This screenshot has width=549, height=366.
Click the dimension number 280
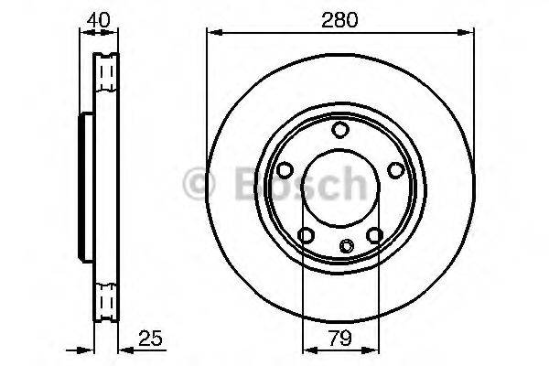(x=339, y=16)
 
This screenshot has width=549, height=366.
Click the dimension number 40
(x=98, y=16)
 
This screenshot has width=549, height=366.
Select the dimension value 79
(x=339, y=339)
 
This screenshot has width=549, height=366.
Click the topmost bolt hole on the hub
(x=339, y=130)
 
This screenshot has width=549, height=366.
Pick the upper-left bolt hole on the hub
(x=285, y=170)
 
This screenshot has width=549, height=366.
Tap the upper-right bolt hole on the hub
(x=395, y=170)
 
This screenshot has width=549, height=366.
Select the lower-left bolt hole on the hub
(x=306, y=236)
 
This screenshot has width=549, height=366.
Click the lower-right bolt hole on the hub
(x=374, y=236)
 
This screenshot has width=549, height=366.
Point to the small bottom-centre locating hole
(x=346, y=245)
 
